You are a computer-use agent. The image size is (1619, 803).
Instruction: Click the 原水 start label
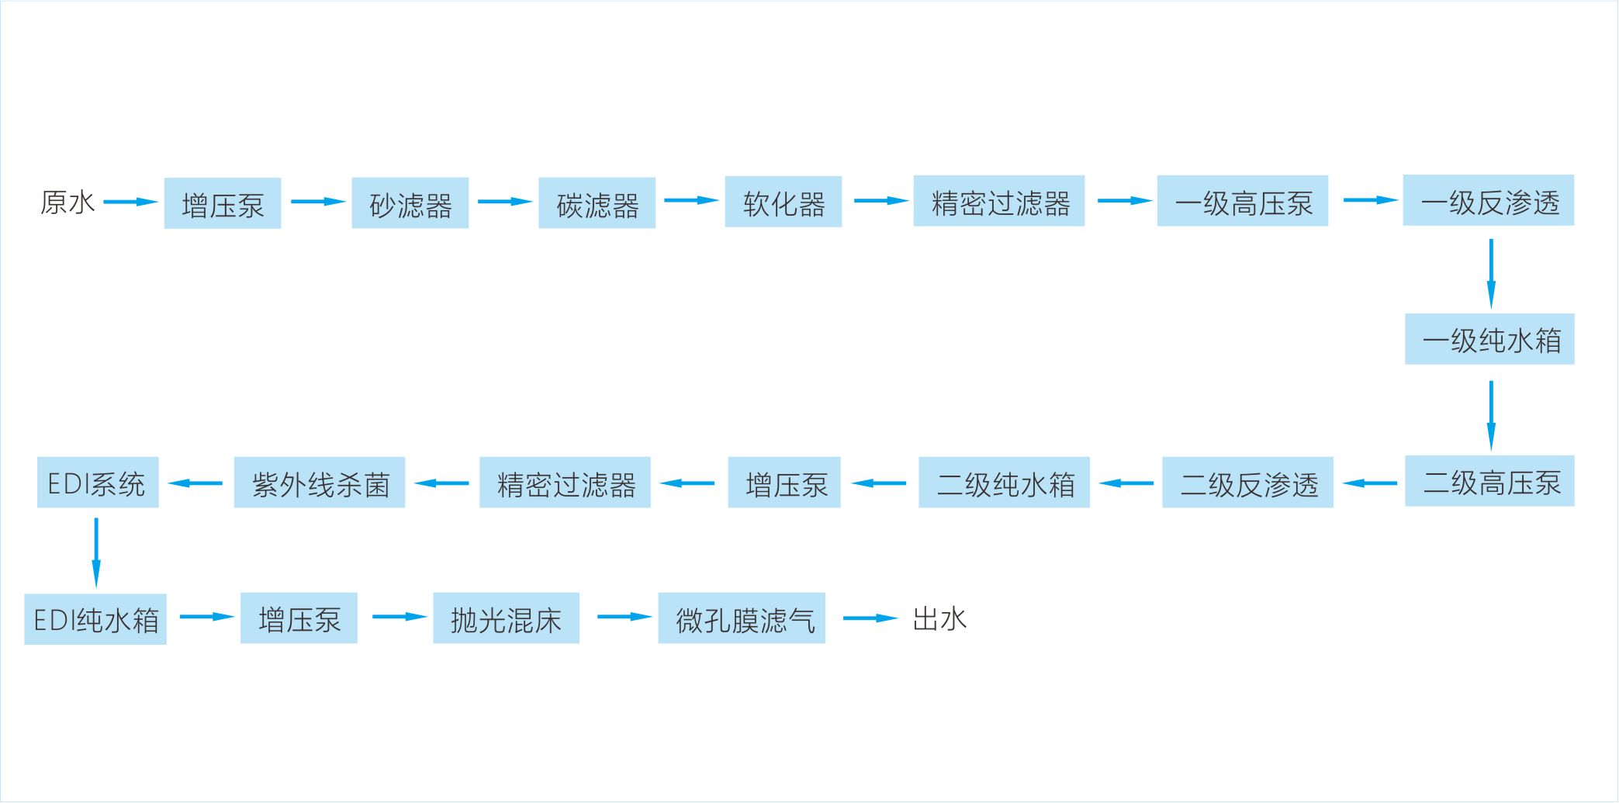coord(67,202)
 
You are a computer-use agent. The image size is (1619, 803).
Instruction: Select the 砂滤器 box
coord(410,203)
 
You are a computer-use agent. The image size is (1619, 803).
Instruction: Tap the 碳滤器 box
coord(597,203)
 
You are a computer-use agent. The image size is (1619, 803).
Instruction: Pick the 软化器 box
coord(783,202)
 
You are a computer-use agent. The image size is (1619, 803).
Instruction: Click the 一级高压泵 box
coord(1242,201)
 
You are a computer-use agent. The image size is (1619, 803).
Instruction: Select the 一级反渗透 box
coord(1488,200)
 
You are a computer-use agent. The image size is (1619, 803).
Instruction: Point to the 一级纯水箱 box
coord(1489,339)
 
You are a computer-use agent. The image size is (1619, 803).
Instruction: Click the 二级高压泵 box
coord(1489,481)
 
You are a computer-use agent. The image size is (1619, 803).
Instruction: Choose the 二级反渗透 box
coord(1247,483)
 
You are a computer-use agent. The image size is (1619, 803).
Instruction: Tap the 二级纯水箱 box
coord(1004,483)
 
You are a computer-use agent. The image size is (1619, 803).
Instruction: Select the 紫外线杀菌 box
coord(320,483)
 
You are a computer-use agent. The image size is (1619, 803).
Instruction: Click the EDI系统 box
coord(98,483)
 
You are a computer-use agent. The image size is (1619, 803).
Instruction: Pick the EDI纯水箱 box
coord(95,619)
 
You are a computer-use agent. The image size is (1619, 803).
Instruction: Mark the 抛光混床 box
coord(506,618)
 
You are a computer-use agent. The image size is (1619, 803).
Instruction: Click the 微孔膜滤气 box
coord(742,618)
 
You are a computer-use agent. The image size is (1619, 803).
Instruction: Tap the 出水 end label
coord(939,618)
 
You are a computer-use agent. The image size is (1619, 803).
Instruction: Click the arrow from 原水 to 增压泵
coord(130,202)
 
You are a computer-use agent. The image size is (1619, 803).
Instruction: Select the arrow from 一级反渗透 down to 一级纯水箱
coord(1490,273)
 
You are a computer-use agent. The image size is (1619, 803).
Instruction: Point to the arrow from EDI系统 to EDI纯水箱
coord(96,552)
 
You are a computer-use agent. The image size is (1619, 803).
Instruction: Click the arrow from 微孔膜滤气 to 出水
coord(870,618)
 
